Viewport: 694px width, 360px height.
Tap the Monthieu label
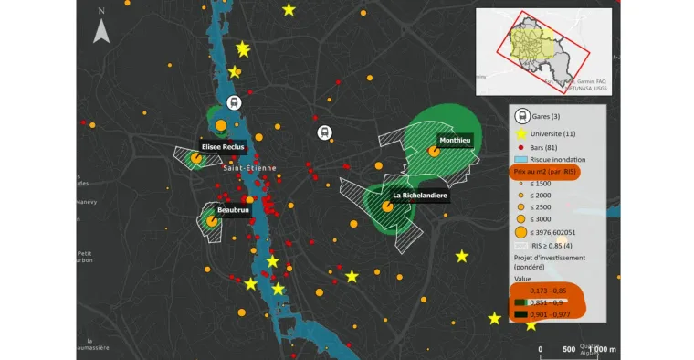454,141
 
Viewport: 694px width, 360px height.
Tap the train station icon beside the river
233,102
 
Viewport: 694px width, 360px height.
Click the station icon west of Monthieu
324,132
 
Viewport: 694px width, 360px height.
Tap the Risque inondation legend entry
556,159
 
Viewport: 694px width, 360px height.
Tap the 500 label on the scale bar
568,350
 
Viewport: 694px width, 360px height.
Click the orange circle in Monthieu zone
435,152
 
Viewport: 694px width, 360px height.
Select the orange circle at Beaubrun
211,220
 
